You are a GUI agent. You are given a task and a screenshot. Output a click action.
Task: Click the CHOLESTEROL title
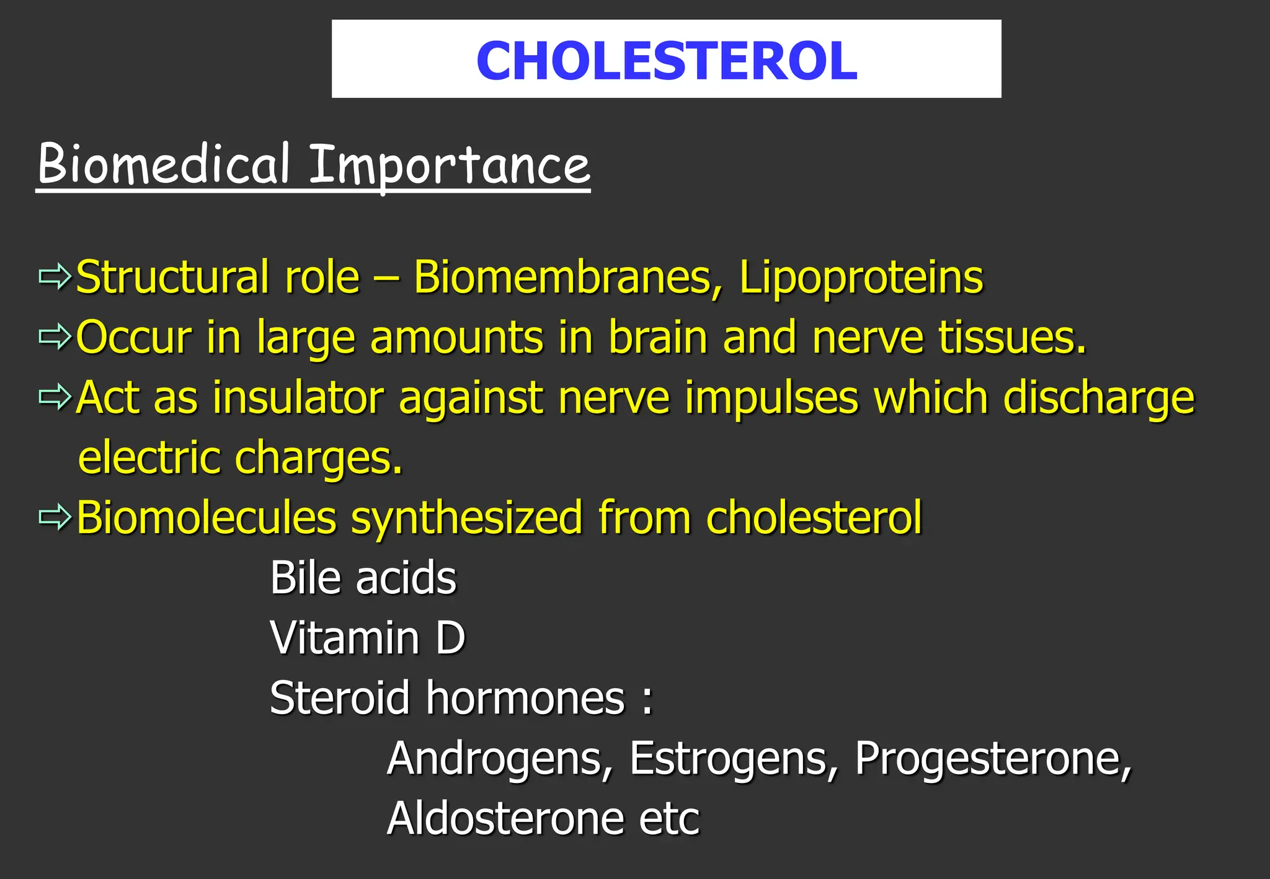click(x=667, y=60)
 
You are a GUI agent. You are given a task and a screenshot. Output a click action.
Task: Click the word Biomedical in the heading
click(x=164, y=164)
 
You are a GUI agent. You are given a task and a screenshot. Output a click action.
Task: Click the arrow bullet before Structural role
click(x=55, y=276)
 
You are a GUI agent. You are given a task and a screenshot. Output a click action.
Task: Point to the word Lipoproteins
click(x=861, y=277)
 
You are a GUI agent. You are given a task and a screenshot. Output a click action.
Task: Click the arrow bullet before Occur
click(x=55, y=337)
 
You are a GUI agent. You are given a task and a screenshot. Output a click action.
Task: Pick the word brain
click(x=658, y=337)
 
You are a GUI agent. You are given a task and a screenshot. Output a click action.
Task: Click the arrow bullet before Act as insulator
click(x=55, y=397)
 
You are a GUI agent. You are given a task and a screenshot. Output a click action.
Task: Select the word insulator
click(x=298, y=397)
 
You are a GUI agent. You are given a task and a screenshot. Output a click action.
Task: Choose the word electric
click(x=149, y=457)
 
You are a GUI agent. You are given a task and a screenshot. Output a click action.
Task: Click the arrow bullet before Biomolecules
click(x=55, y=517)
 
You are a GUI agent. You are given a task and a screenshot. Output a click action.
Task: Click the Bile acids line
click(x=363, y=577)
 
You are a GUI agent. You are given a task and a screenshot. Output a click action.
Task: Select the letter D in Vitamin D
click(x=450, y=637)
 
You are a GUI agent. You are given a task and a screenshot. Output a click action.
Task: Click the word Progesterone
click(x=993, y=759)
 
